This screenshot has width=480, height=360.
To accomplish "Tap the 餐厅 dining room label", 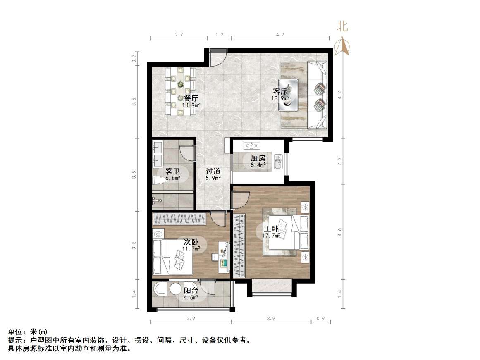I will point(191,98).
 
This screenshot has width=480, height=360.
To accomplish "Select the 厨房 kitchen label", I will point(258,158).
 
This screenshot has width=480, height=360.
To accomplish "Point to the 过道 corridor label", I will point(213,171).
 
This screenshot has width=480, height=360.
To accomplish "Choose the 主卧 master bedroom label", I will point(271,229).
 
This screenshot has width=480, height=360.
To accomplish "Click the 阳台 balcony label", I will point(191,291).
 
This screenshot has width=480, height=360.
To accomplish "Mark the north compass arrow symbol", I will point(343,46).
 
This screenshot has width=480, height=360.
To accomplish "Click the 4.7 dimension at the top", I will point(280,35).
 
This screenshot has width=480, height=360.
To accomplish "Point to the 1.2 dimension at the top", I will point(220,35).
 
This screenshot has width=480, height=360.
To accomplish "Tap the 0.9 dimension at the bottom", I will point(320,318).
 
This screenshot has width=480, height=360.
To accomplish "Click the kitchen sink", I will point(277,162).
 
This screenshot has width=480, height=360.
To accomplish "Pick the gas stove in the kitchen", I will point(251,145).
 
